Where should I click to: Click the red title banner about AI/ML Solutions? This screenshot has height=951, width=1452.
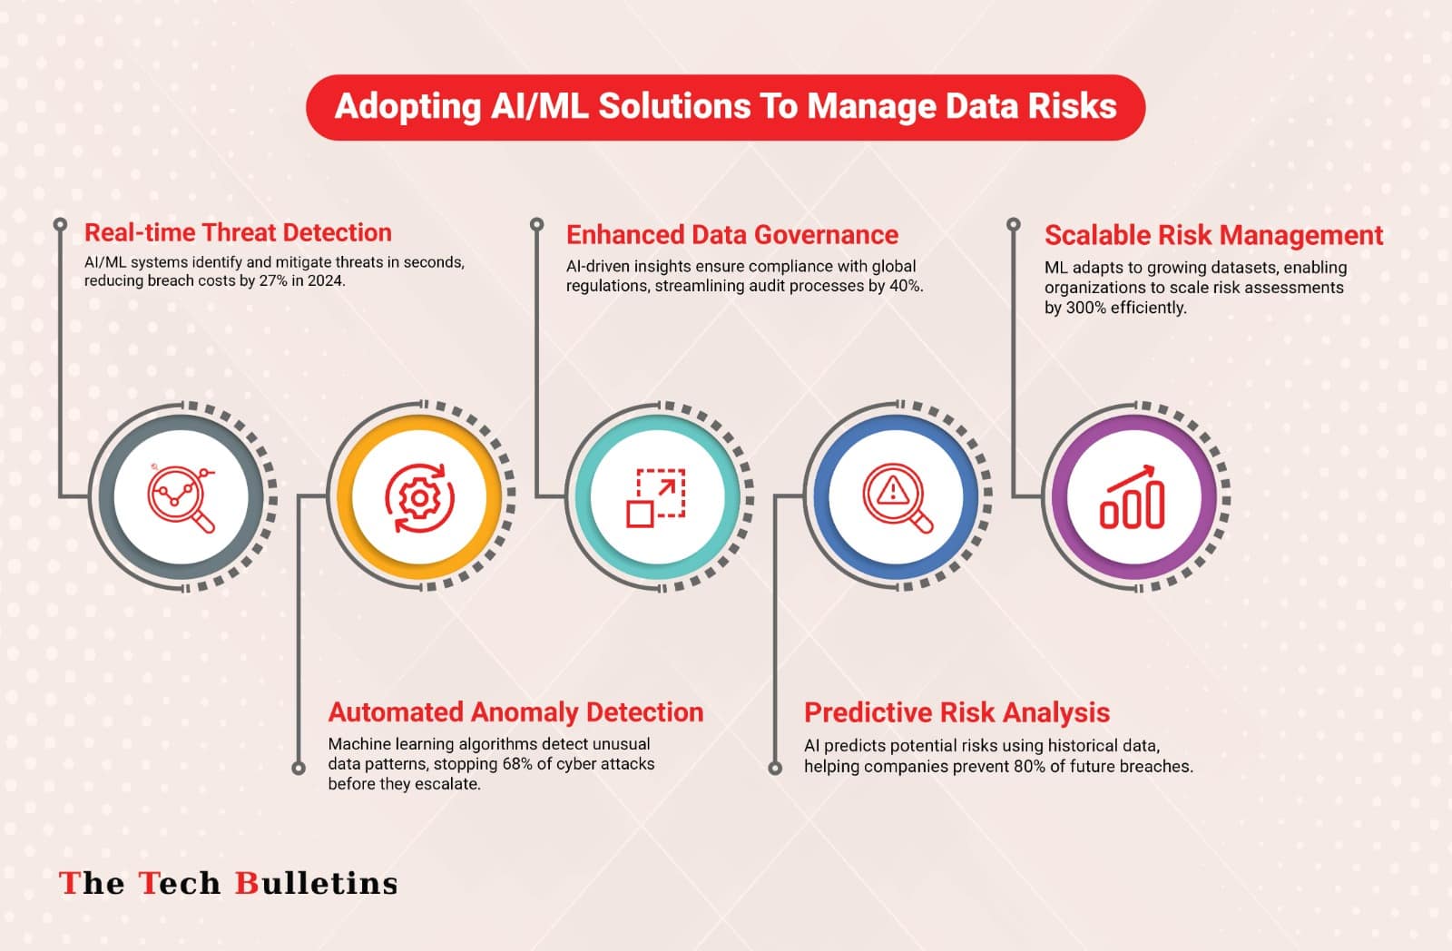(725, 107)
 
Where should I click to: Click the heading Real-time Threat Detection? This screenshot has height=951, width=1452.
(238, 232)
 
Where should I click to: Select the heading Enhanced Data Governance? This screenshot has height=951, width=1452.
(731, 235)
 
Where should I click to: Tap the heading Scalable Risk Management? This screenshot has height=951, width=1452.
(1213, 235)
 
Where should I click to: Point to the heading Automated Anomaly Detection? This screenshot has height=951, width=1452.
(515, 711)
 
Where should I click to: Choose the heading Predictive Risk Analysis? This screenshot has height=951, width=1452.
(957, 712)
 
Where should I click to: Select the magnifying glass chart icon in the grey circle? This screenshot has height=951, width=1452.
(181, 498)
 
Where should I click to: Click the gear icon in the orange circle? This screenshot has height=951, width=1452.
(419, 498)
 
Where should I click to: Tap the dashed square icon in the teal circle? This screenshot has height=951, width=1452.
(656, 498)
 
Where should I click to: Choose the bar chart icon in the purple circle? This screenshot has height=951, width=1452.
(1133, 496)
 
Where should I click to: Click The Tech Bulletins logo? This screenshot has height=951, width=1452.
(228, 883)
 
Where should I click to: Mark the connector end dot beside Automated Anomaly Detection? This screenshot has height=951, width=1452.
(299, 769)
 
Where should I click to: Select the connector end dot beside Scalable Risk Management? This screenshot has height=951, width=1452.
(1013, 224)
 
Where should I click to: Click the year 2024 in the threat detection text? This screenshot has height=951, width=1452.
(328, 280)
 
